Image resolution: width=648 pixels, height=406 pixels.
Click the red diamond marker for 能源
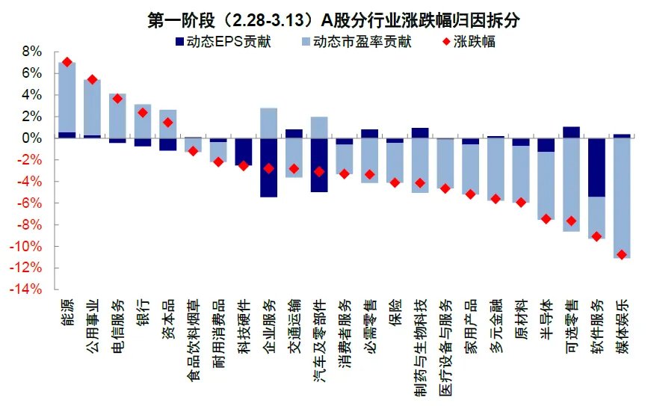pyautogui.click(x=67, y=62)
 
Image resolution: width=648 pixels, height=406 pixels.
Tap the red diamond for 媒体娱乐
pyautogui.click(x=621, y=255)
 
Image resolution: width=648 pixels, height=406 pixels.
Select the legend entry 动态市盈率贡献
pyautogui.click(x=358, y=42)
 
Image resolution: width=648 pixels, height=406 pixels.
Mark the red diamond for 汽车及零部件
pyautogui.click(x=319, y=171)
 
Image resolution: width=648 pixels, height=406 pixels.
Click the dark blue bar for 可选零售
pyautogui.click(x=571, y=132)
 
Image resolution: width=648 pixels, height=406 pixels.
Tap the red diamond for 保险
pyautogui.click(x=395, y=182)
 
